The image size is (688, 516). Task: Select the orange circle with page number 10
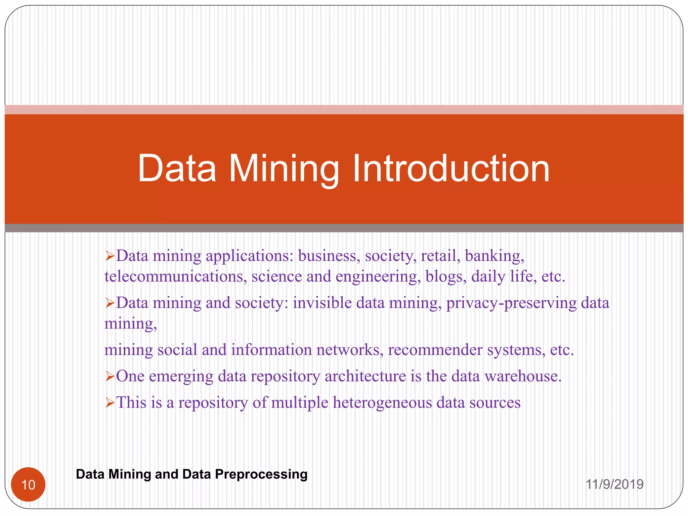[x=28, y=484]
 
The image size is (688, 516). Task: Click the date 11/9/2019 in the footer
[x=614, y=484]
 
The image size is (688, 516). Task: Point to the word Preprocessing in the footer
[x=261, y=474]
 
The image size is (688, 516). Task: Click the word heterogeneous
[x=382, y=402]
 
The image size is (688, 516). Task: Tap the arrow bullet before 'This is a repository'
[x=110, y=402]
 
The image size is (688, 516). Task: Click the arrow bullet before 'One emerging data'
[x=110, y=376]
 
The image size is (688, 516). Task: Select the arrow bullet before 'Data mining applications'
[x=110, y=256]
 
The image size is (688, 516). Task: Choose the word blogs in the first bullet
[x=446, y=277]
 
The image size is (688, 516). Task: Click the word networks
[x=349, y=350]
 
